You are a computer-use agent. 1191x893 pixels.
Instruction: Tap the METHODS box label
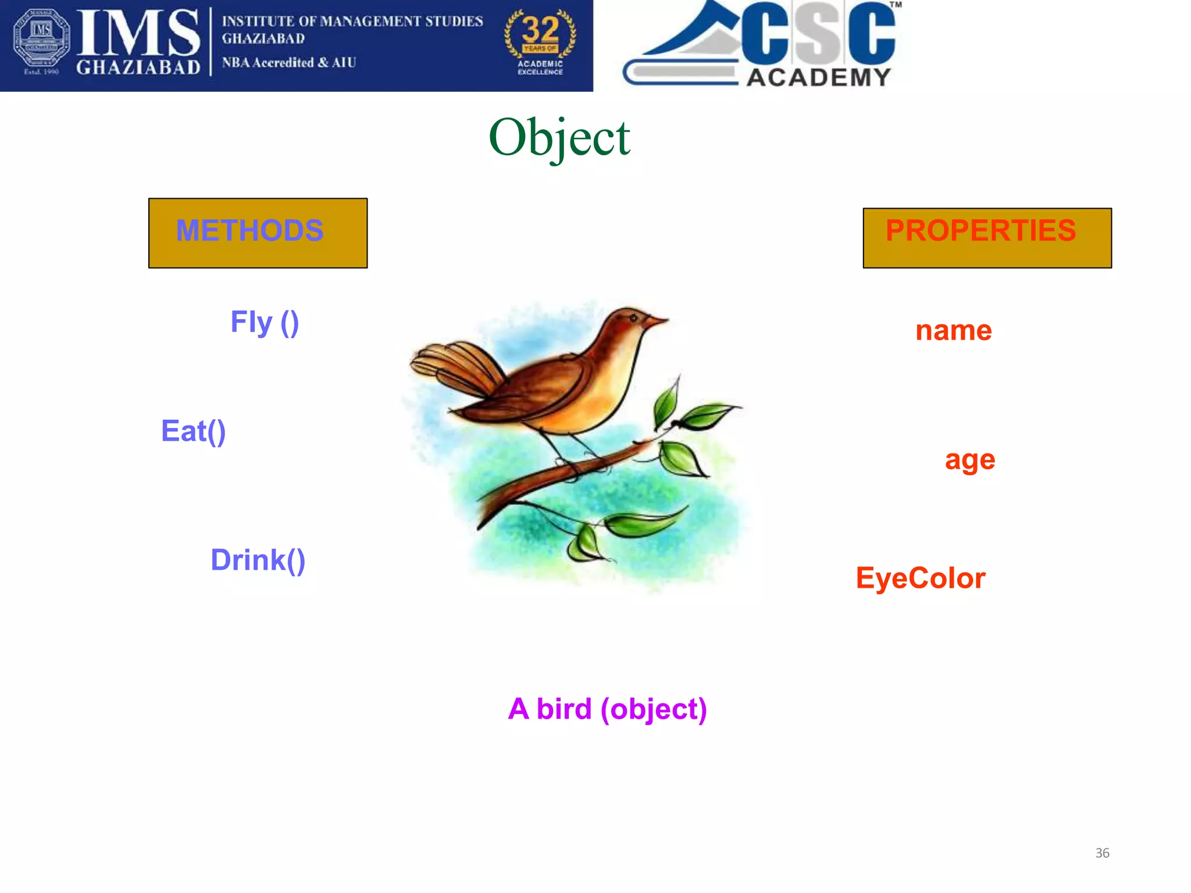tap(249, 230)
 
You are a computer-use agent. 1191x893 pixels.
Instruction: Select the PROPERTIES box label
tap(980, 230)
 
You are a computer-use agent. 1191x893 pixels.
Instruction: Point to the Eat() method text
tap(193, 431)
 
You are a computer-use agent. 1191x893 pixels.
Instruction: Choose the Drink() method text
tap(258, 560)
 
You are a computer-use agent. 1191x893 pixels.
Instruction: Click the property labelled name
tap(953, 331)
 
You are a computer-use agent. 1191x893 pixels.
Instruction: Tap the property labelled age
tap(969, 460)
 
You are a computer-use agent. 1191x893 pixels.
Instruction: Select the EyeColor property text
tap(920, 578)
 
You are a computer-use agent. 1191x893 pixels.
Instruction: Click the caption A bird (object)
tap(607, 709)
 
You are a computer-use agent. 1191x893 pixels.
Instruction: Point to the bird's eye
tap(633, 317)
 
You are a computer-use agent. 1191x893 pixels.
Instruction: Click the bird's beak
tap(657, 320)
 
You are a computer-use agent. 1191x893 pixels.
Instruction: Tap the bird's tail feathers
tap(448, 363)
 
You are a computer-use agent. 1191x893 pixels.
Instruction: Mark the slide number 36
tap(1102, 853)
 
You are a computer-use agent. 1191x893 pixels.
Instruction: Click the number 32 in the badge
tap(540, 29)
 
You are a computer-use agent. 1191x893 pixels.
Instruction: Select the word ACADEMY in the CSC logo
tap(818, 77)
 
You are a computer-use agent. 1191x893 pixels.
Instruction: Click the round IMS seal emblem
tap(41, 37)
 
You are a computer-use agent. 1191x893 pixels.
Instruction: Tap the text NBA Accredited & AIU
tap(288, 62)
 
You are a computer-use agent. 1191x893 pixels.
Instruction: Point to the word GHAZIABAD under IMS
tap(138, 67)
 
